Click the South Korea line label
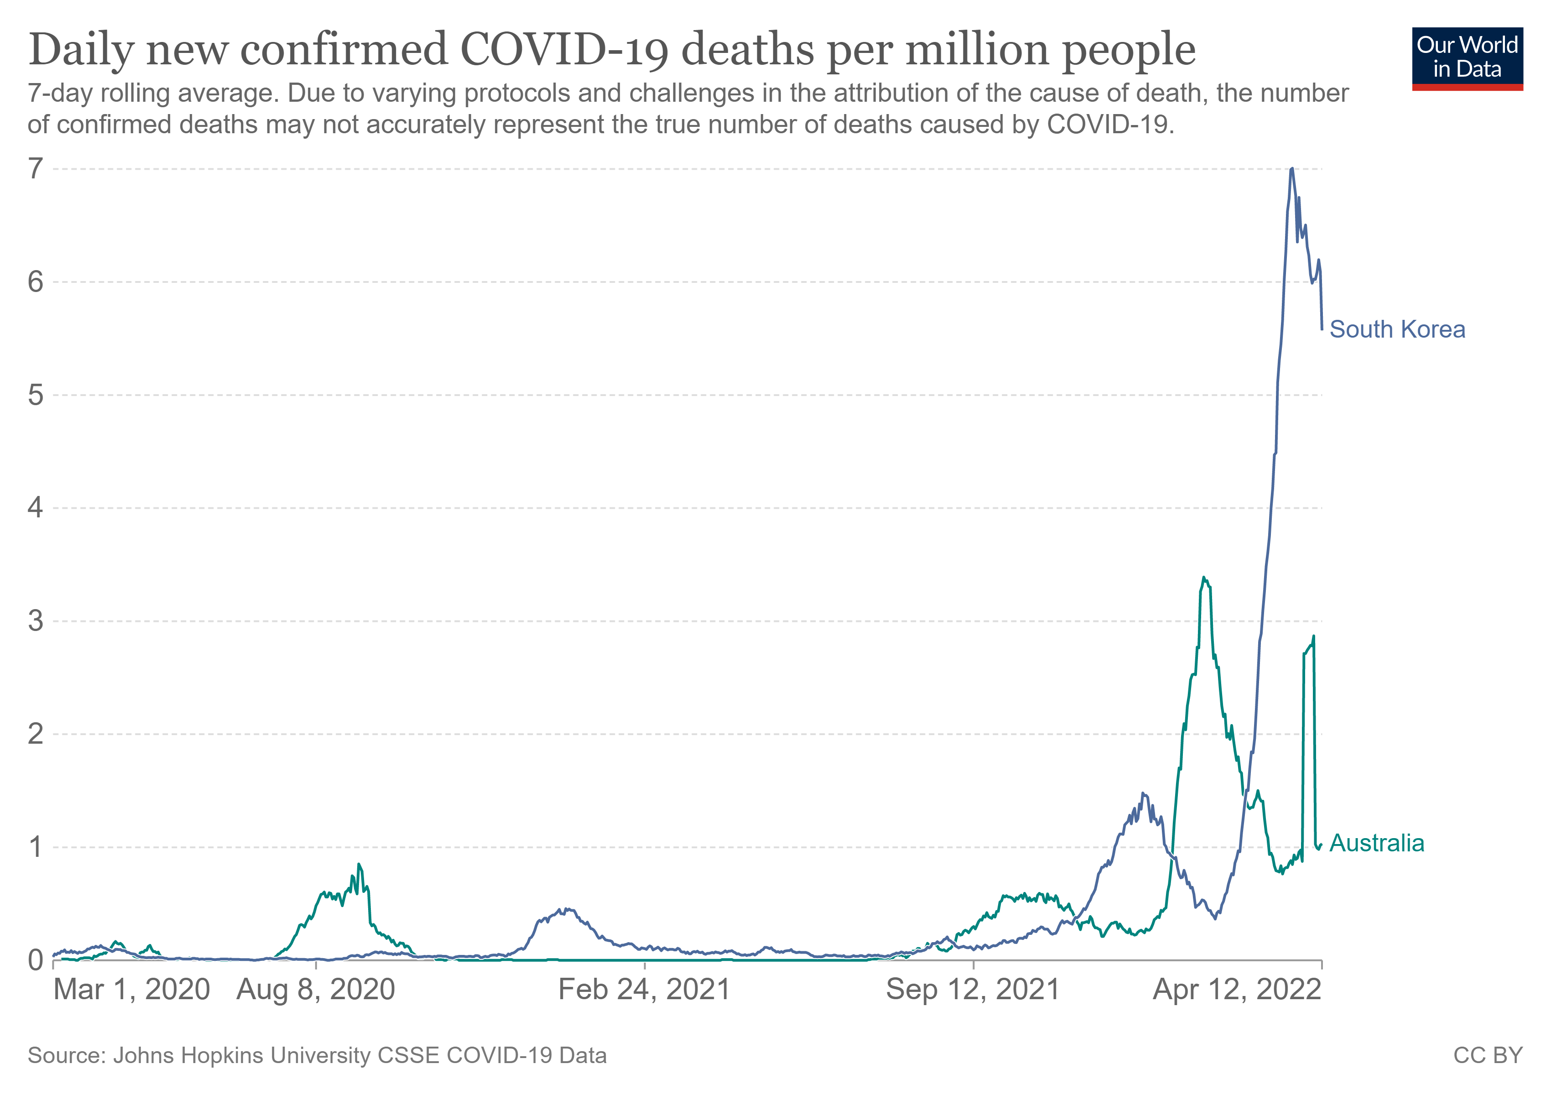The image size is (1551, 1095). [x=1397, y=330]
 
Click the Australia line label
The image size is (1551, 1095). [x=1377, y=843]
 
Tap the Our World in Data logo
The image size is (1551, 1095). [x=1467, y=59]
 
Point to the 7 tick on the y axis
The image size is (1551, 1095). [x=35, y=169]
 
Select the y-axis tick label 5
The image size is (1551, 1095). [x=35, y=395]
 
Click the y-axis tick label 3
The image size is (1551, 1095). [x=35, y=621]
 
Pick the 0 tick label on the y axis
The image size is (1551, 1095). [x=35, y=960]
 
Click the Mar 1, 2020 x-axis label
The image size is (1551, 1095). [x=132, y=991]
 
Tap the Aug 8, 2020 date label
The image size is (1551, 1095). [x=316, y=991]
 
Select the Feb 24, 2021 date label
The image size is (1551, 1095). [x=645, y=991]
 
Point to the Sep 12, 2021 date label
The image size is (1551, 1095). [x=973, y=991]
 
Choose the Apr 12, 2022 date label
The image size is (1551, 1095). [x=1237, y=991]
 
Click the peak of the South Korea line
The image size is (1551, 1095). [x=1291, y=168]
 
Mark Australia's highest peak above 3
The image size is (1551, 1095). [x=1204, y=578]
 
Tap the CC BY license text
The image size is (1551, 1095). [x=1488, y=1056]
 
